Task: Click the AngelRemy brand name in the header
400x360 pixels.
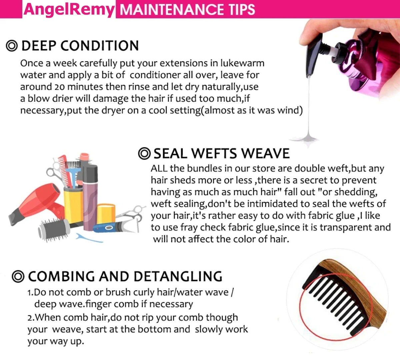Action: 69,10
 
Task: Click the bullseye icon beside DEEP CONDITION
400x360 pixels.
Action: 12,46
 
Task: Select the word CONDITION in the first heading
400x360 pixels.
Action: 100,46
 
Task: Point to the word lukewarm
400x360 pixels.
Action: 242,63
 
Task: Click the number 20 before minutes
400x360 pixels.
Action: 59,87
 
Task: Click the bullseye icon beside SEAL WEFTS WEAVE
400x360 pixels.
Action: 144,153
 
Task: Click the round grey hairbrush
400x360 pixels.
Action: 54,229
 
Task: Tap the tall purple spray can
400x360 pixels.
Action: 90,197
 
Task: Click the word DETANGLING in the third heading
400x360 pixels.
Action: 178,276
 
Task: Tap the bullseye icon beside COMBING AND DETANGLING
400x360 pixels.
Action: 18,276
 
